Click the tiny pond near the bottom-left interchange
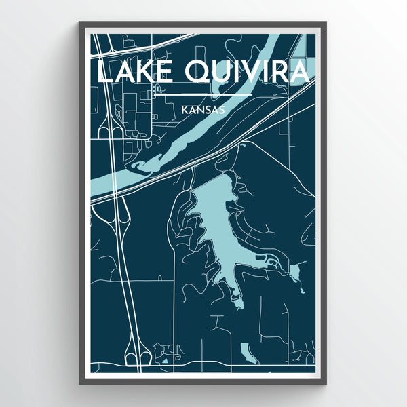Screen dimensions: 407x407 coord(164,360)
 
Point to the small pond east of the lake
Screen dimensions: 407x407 coord(294,272)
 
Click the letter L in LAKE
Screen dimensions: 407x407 coord(103,72)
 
